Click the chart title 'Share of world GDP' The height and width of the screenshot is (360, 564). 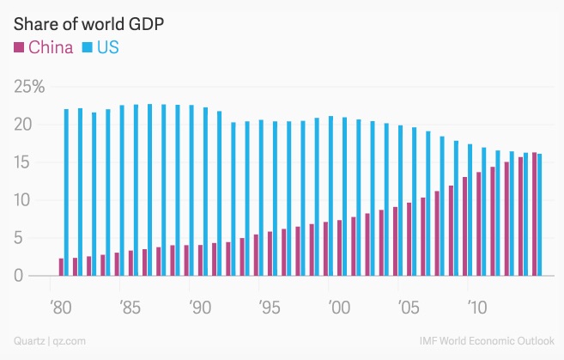tap(88, 23)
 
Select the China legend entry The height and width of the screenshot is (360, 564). tap(44, 47)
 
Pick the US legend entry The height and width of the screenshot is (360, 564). tap(100, 47)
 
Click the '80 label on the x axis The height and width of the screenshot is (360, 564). tap(60, 306)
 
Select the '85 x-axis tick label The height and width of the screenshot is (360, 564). tap(130, 306)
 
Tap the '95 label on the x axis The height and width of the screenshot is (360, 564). tap(269, 306)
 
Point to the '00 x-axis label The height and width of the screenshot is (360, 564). tap(338, 306)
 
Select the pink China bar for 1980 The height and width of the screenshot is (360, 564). tap(61, 267)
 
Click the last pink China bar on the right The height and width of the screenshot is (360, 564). tap(534, 214)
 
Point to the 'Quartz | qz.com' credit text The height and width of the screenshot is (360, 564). tap(50, 341)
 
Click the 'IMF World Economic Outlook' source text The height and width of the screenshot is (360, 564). tap(489, 341)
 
